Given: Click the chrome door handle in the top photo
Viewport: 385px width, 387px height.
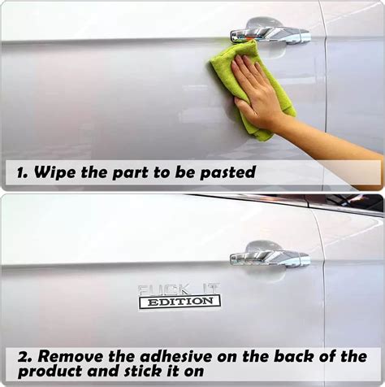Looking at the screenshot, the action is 270,35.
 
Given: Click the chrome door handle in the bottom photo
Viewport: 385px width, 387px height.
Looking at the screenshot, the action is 270,259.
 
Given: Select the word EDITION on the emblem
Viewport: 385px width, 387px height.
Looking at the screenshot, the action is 180,302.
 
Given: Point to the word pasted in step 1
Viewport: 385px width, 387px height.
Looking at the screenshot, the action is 227,172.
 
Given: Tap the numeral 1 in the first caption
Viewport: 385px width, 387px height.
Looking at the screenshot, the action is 19,173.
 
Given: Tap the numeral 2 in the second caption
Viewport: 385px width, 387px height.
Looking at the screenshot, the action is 22,357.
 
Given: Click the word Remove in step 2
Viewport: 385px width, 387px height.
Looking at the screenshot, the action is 71,357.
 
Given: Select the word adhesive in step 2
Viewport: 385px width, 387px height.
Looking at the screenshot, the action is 176,357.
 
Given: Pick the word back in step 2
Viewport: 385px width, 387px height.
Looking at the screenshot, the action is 294,357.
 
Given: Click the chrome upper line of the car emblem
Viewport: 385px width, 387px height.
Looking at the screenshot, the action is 179,289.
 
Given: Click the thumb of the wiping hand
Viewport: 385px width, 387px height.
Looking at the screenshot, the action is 246,108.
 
